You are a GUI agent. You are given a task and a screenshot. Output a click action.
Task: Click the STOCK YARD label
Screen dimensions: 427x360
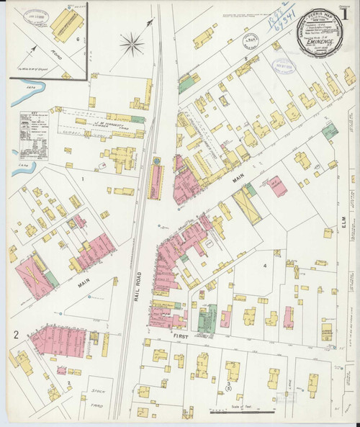[x=97, y=396]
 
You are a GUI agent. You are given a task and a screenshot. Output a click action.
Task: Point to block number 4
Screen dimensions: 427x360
[x=264, y=266]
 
